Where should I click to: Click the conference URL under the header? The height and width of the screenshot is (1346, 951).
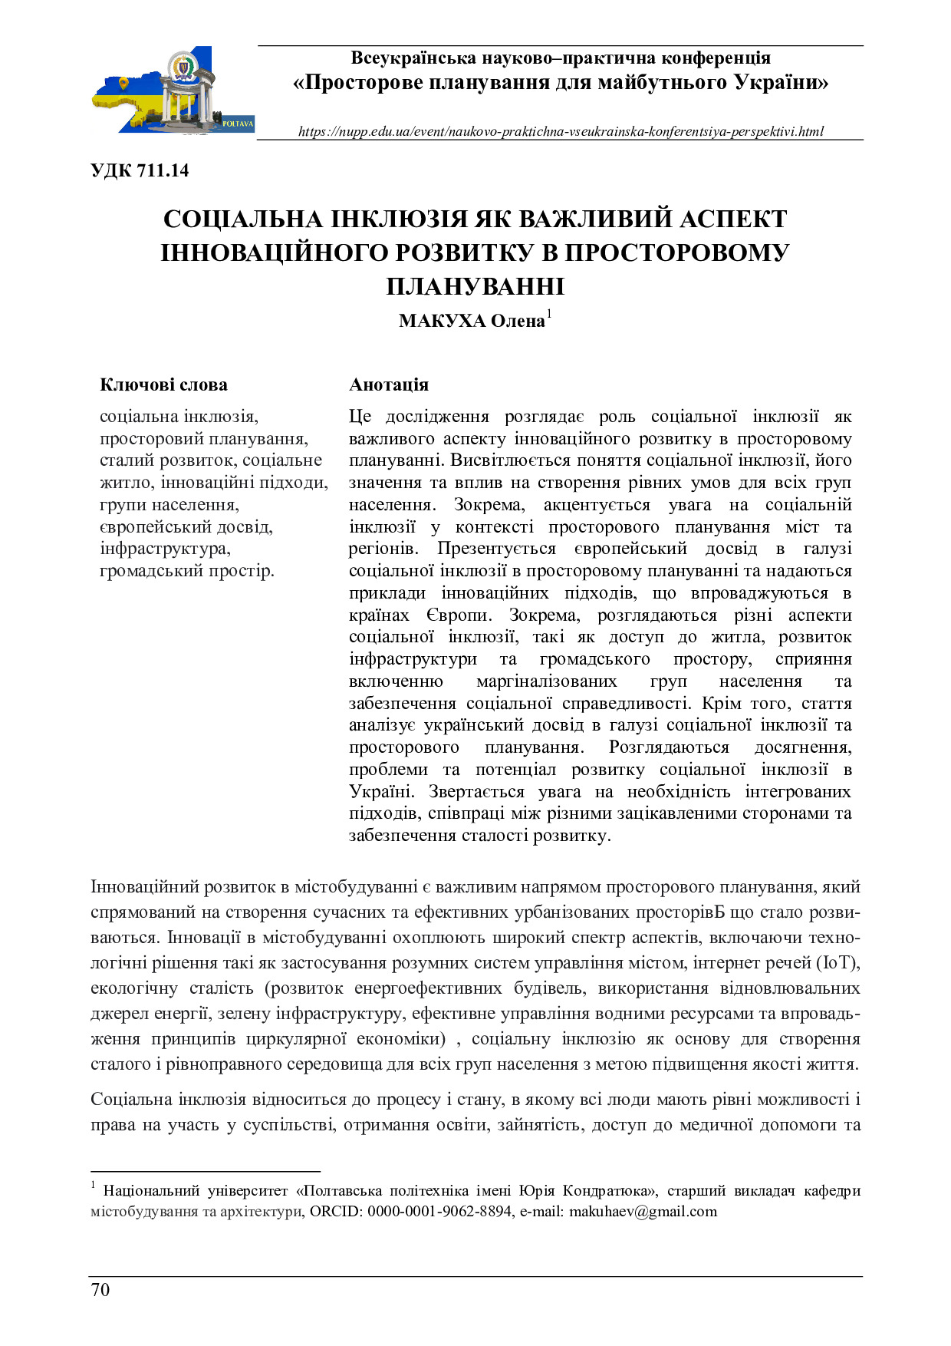click(561, 131)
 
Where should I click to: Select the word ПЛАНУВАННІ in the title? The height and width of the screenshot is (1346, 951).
click(475, 286)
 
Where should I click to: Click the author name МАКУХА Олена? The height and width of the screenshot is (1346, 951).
click(471, 321)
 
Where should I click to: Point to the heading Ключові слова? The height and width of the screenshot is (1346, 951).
click(163, 384)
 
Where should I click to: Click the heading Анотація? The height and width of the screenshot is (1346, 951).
click(389, 384)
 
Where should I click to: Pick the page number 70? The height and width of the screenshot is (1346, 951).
click(100, 1289)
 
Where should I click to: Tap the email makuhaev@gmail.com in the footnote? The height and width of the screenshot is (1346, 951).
click(643, 1212)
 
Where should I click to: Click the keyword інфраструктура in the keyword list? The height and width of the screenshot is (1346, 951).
click(164, 549)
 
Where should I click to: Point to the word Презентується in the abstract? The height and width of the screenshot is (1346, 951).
click(496, 549)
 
